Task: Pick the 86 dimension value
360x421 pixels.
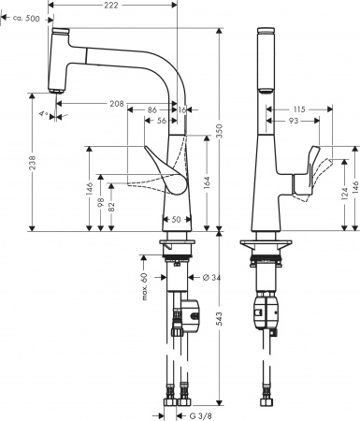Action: click(x=151, y=111)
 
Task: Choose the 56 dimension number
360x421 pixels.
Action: click(x=163, y=122)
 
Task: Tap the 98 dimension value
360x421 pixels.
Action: click(x=100, y=200)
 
